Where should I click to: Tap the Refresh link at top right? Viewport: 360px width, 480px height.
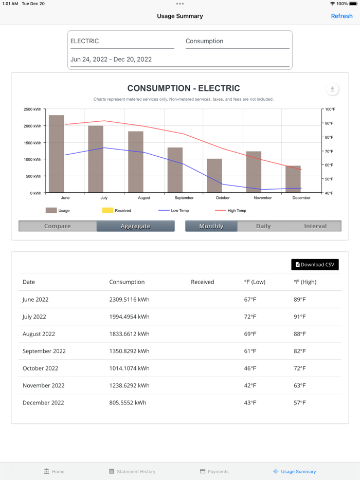coord(341,16)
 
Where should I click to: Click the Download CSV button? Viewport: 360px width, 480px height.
coord(315,265)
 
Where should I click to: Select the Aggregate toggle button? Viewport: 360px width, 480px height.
coord(135,226)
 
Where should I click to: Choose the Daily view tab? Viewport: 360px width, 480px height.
coord(263,226)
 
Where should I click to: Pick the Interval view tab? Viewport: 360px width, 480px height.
coord(315,226)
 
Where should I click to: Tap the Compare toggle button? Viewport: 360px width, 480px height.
coord(58,226)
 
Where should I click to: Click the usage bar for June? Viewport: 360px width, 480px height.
coord(57,154)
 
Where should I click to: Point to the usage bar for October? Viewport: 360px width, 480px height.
coord(214,176)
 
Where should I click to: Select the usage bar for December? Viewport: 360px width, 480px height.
coord(293,179)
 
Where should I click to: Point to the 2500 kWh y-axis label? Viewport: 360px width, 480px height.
coord(32,109)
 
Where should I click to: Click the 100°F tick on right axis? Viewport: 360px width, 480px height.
coord(330,109)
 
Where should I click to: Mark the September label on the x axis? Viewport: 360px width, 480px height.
coord(184,198)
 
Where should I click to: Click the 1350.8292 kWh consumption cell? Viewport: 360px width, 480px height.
coord(129,351)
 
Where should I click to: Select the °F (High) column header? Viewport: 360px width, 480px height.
coord(305,282)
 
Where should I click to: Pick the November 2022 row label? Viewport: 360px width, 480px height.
coord(44,385)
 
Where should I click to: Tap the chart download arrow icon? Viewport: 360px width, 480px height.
coord(332,89)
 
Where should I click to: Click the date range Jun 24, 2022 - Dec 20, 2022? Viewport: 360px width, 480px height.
coord(111,59)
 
